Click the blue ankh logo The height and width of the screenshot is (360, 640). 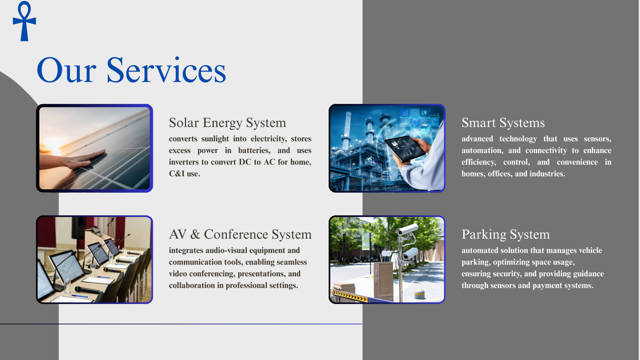[25, 21]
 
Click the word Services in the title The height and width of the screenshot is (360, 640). [166, 70]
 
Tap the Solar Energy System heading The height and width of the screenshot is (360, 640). [227, 123]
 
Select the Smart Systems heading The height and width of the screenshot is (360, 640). [503, 123]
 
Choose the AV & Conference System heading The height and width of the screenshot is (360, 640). [241, 234]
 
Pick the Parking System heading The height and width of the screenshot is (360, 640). [506, 235]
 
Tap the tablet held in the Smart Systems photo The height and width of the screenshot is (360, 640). [405, 149]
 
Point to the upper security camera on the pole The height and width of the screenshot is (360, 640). [407, 229]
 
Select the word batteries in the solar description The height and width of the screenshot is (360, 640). [254, 150]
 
